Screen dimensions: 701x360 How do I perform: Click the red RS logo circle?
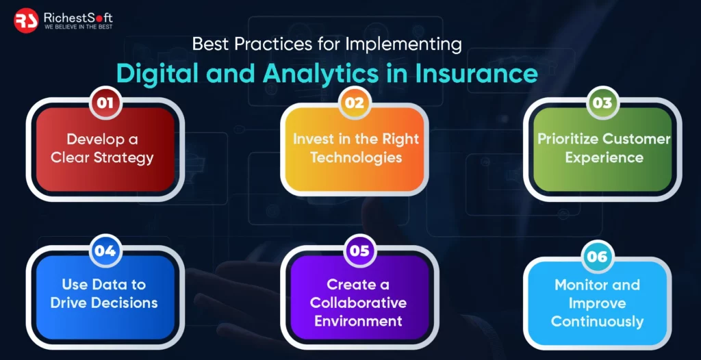tap(26, 21)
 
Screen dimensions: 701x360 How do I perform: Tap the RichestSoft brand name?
tap(78, 17)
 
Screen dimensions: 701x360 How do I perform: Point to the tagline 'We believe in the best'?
tap(78, 27)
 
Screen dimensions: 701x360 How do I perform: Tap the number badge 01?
tap(105, 103)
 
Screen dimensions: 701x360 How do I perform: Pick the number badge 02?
tap(354, 103)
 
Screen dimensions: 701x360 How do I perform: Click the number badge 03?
tap(602, 103)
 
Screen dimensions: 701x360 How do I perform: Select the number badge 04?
tap(105, 250)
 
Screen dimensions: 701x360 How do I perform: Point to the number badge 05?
tap(359, 250)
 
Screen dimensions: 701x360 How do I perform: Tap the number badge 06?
tap(597, 257)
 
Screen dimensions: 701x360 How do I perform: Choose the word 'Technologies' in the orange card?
tap(356, 158)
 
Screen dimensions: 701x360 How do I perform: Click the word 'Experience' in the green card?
tap(604, 158)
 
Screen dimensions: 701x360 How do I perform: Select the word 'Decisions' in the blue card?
tap(125, 303)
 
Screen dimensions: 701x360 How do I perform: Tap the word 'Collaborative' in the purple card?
tap(359, 303)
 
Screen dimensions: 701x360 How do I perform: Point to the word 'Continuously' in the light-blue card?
tap(597, 322)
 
